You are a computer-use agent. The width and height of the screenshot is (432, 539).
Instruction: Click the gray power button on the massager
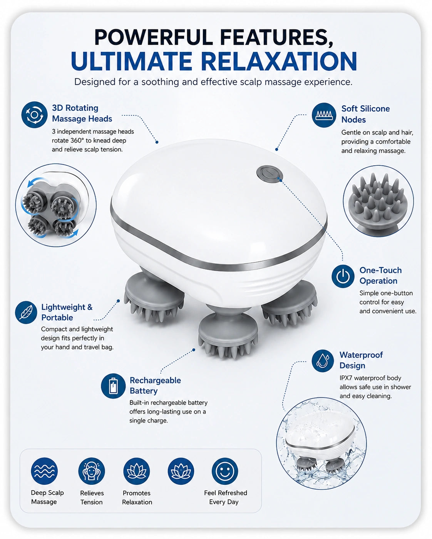(270, 173)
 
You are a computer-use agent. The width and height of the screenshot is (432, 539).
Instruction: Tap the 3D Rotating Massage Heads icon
(34, 115)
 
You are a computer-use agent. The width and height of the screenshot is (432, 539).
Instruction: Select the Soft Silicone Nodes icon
(324, 115)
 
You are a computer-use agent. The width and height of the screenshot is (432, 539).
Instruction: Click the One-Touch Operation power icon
(343, 276)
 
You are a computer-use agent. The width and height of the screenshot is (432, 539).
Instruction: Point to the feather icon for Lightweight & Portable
(26, 312)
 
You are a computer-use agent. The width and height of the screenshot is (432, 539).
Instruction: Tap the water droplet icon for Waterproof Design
(323, 361)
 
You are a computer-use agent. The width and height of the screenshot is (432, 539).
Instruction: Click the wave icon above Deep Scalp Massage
(44, 471)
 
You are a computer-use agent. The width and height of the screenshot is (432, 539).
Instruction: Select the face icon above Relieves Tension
(92, 471)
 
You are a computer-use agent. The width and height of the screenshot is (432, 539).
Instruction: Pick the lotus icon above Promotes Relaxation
(136, 471)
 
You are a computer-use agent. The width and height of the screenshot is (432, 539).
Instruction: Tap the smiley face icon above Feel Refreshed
(225, 471)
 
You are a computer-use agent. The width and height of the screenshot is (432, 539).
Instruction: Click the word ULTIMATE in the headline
(132, 61)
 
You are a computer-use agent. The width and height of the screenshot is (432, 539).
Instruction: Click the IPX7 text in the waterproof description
(346, 378)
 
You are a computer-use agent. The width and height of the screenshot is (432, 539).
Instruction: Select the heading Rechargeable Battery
(155, 385)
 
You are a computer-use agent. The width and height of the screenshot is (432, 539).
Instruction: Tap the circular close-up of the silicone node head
(378, 201)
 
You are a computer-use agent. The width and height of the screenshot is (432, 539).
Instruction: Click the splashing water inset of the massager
(321, 443)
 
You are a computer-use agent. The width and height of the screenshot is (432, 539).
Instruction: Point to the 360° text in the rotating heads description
(75, 140)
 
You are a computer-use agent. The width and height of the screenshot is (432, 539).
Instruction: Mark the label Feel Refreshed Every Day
(226, 497)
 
